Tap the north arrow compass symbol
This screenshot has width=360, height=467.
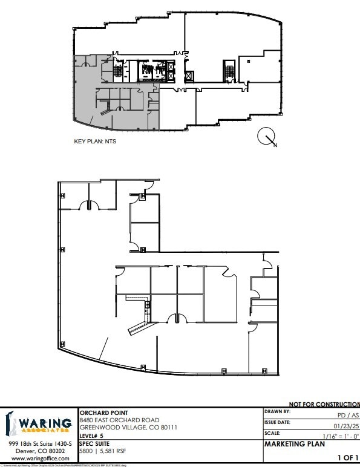click(267, 138)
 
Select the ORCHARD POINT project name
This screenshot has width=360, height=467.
click(103, 413)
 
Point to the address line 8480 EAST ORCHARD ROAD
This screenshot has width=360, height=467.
click(119, 420)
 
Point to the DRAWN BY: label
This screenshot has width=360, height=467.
click(278, 411)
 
